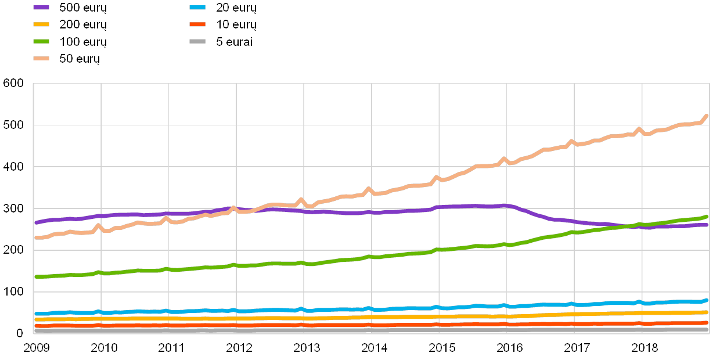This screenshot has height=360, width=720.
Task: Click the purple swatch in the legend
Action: [x=41, y=8]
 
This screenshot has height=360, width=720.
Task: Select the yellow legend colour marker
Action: [x=41, y=24]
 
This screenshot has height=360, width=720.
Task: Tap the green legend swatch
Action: [x=41, y=41]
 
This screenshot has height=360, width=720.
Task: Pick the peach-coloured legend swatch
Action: [x=41, y=58]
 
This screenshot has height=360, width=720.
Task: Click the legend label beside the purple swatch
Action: [x=82, y=8]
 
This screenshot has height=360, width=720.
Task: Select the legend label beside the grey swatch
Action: [x=232, y=42]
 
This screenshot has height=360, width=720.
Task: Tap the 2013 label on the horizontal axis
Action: [x=306, y=348]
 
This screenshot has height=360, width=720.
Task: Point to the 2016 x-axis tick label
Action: [x=509, y=348]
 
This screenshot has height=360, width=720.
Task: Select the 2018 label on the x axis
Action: [x=644, y=348]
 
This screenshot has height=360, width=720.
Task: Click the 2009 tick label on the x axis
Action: [x=36, y=348]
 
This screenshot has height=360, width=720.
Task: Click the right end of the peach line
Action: [x=707, y=116]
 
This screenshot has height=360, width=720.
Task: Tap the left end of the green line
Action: [x=36, y=277]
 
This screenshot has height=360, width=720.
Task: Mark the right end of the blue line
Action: [x=707, y=300]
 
